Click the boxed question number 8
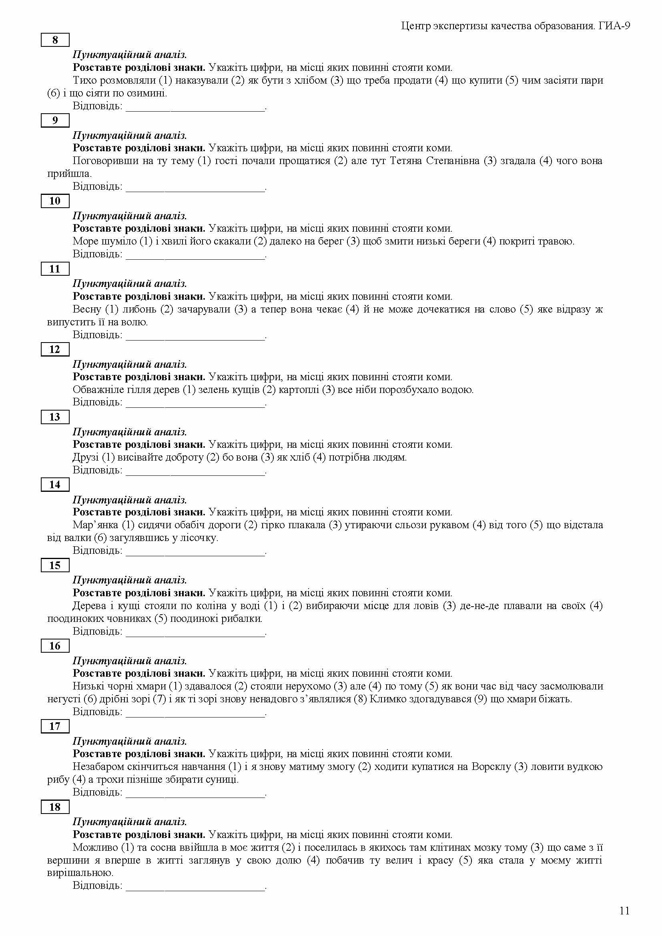[x=55, y=40]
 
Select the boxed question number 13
[x=55, y=417]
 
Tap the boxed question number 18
[x=55, y=807]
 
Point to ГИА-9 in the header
[x=615, y=26]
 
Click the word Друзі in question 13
[x=85, y=457]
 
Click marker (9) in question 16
[x=480, y=699]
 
